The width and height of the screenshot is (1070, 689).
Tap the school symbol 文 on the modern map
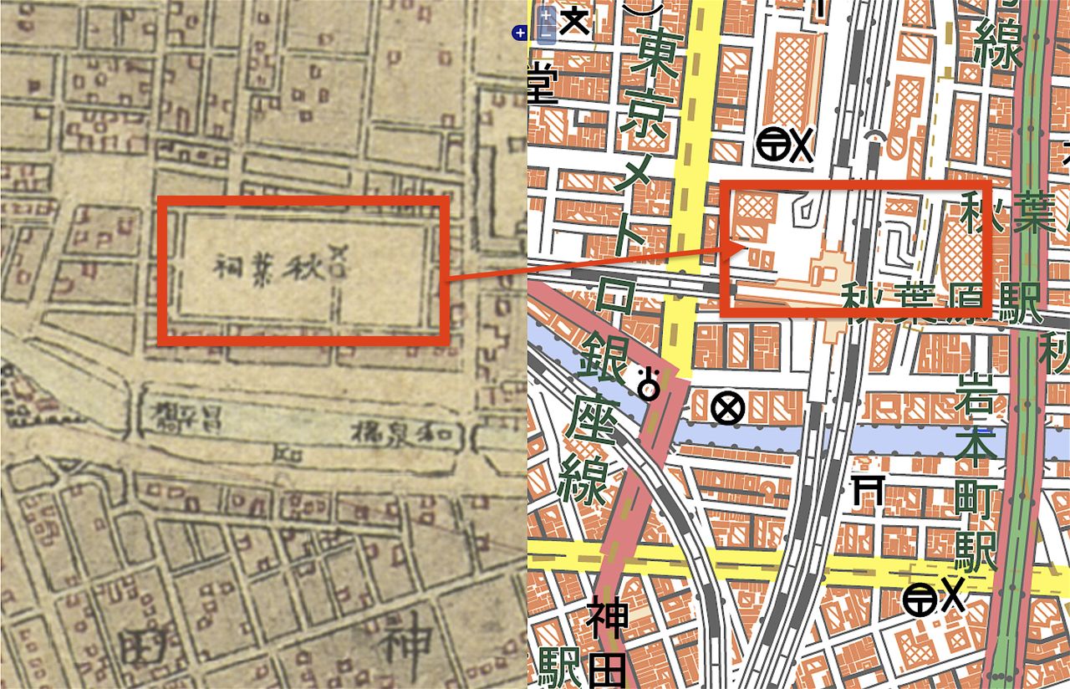(x=574, y=20)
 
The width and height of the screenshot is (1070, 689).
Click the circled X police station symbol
(x=727, y=409)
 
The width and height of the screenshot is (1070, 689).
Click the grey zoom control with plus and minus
(x=545, y=25)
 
